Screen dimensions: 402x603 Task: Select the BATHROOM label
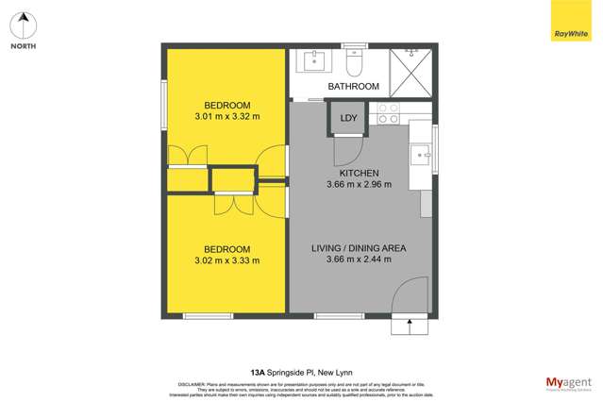353,86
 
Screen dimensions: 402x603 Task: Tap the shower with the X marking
410,72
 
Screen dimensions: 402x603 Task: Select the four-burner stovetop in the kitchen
388,114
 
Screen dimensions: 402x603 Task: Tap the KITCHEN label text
359,174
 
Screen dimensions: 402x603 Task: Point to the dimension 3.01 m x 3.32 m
226,117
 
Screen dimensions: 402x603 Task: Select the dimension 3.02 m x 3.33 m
226,260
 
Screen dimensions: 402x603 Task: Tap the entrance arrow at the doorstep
409,326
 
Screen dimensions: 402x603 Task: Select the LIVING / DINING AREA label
359,248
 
